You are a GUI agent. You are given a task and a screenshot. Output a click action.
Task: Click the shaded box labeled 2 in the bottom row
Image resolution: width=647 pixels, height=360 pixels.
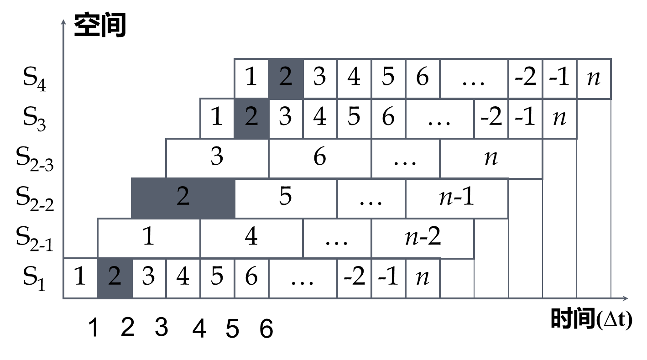pyautogui.click(x=115, y=278)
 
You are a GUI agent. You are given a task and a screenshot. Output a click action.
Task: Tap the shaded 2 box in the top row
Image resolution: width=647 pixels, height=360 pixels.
pyautogui.click(x=286, y=78)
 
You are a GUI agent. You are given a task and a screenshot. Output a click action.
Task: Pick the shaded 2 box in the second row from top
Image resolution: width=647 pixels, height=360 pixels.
pyautogui.click(x=251, y=118)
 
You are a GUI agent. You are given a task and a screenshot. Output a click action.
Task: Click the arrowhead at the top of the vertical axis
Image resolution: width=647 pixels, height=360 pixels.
pyautogui.click(x=63, y=22)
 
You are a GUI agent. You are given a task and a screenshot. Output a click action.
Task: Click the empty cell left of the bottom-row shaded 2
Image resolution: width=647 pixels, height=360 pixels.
pyautogui.click(x=80, y=278)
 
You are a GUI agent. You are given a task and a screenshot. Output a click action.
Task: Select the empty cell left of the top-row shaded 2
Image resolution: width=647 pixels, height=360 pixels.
pyautogui.click(x=251, y=78)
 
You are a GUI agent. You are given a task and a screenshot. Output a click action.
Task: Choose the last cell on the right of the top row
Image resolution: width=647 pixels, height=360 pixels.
pyautogui.click(x=594, y=78)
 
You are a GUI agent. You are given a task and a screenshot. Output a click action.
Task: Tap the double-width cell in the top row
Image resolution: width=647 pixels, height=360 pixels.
pyautogui.click(x=474, y=78)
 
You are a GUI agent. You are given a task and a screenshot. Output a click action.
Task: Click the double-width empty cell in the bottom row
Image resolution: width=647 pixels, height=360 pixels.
pyautogui.click(x=303, y=278)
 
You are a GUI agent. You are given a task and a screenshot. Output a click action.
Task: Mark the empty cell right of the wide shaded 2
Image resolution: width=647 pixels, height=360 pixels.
pyautogui.click(x=286, y=198)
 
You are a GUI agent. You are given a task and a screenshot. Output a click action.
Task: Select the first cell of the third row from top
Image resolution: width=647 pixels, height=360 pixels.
pyautogui.click(x=217, y=158)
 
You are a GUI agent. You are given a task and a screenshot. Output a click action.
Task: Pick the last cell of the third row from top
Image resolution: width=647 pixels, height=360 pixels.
pyautogui.click(x=491, y=158)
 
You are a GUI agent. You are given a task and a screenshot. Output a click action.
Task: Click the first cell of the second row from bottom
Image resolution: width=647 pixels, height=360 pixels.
pyautogui.click(x=149, y=238)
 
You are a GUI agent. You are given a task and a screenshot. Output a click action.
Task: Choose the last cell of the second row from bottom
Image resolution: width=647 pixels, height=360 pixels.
pyautogui.click(x=423, y=238)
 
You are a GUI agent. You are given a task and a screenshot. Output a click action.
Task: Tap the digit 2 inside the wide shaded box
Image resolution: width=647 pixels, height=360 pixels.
pyautogui.click(x=183, y=197)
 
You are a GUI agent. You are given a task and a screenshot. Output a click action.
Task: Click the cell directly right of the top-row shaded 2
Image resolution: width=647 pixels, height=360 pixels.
pyautogui.click(x=320, y=78)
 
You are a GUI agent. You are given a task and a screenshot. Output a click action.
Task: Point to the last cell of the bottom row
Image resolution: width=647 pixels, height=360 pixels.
pyautogui.click(x=457, y=278)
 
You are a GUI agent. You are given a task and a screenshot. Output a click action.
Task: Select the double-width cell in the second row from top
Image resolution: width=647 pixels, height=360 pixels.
pyautogui.click(x=440, y=118)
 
